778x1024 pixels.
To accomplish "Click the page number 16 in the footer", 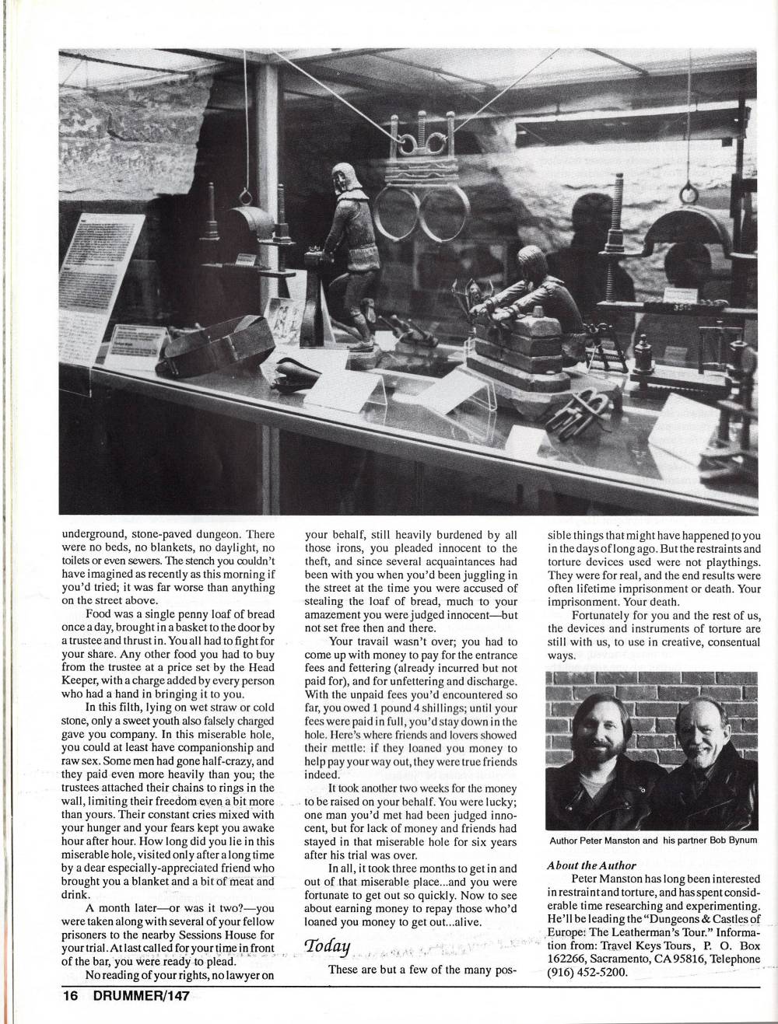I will pos(71,994).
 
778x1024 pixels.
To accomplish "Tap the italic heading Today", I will pos(327,945).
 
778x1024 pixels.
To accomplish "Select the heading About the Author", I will pos(591,865).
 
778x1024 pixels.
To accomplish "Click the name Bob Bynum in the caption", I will pos(727,841).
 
